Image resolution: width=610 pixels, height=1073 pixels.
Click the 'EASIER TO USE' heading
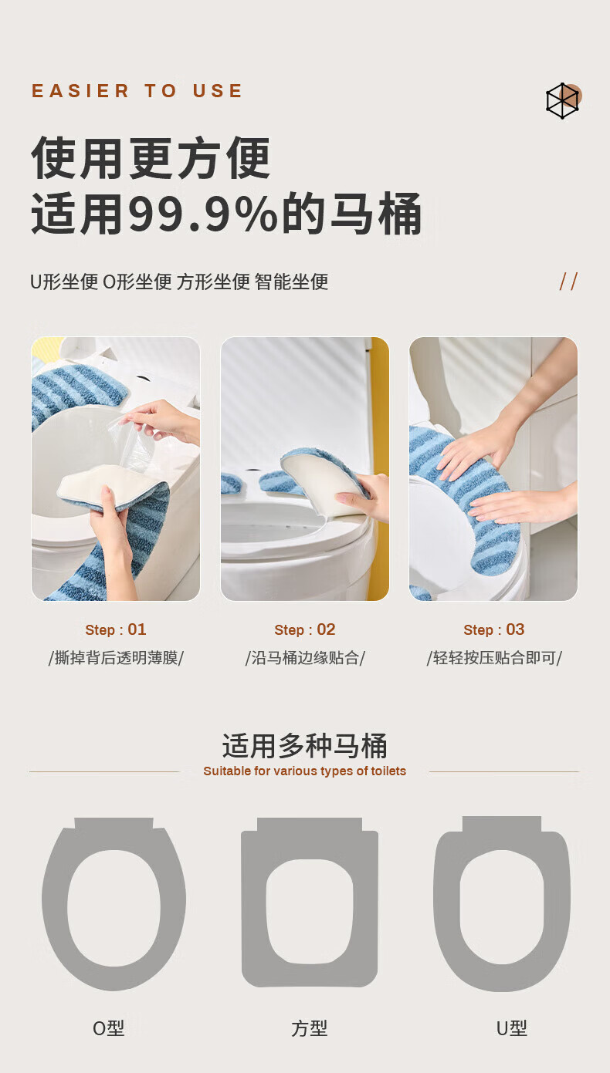[x=137, y=90]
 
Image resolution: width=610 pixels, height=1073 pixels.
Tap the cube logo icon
[x=563, y=100]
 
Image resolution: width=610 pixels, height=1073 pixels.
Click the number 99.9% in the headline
[x=203, y=213]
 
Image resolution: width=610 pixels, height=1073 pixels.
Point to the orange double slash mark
[x=568, y=282]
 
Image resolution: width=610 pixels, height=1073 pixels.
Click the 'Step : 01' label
[x=116, y=629]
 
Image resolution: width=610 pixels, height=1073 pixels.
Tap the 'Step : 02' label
[x=305, y=629]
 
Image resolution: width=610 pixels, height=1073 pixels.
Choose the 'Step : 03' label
[x=494, y=629]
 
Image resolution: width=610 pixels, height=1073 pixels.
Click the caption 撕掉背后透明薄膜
[x=116, y=658]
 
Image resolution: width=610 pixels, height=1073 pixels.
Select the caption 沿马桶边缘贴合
[x=305, y=658]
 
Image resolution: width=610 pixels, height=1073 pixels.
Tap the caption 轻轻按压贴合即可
[x=494, y=658]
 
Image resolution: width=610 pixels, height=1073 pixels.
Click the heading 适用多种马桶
[x=304, y=746]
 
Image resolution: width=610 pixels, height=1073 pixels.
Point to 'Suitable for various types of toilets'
[x=304, y=771]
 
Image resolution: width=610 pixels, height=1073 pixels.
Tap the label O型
[x=108, y=1028]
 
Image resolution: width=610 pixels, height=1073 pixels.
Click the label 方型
[x=310, y=1028]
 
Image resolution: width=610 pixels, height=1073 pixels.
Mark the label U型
[x=512, y=1028]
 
